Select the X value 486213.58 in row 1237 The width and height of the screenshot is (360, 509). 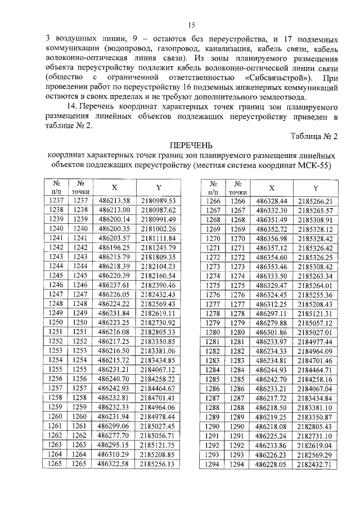[114, 201]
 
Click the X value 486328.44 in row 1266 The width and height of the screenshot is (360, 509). [272, 201]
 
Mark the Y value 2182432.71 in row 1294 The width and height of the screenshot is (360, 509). [316, 464]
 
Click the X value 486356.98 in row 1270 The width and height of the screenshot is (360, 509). [272, 238]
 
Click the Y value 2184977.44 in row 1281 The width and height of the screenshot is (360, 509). [316, 341]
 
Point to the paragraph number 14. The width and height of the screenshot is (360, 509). [70, 106]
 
